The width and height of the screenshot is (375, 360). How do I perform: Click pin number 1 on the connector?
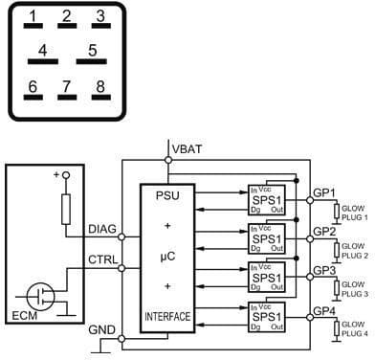pyautogui.click(x=34, y=18)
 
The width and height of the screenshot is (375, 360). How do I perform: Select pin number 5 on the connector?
pyautogui.click(x=93, y=52)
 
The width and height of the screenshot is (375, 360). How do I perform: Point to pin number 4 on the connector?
pyautogui.click(x=42, y=52)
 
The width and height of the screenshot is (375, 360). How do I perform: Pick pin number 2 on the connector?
pyautogui.click(x=66, y=18)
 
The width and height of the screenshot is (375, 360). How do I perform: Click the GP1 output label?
pyautogui.click(x=325, y=192)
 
